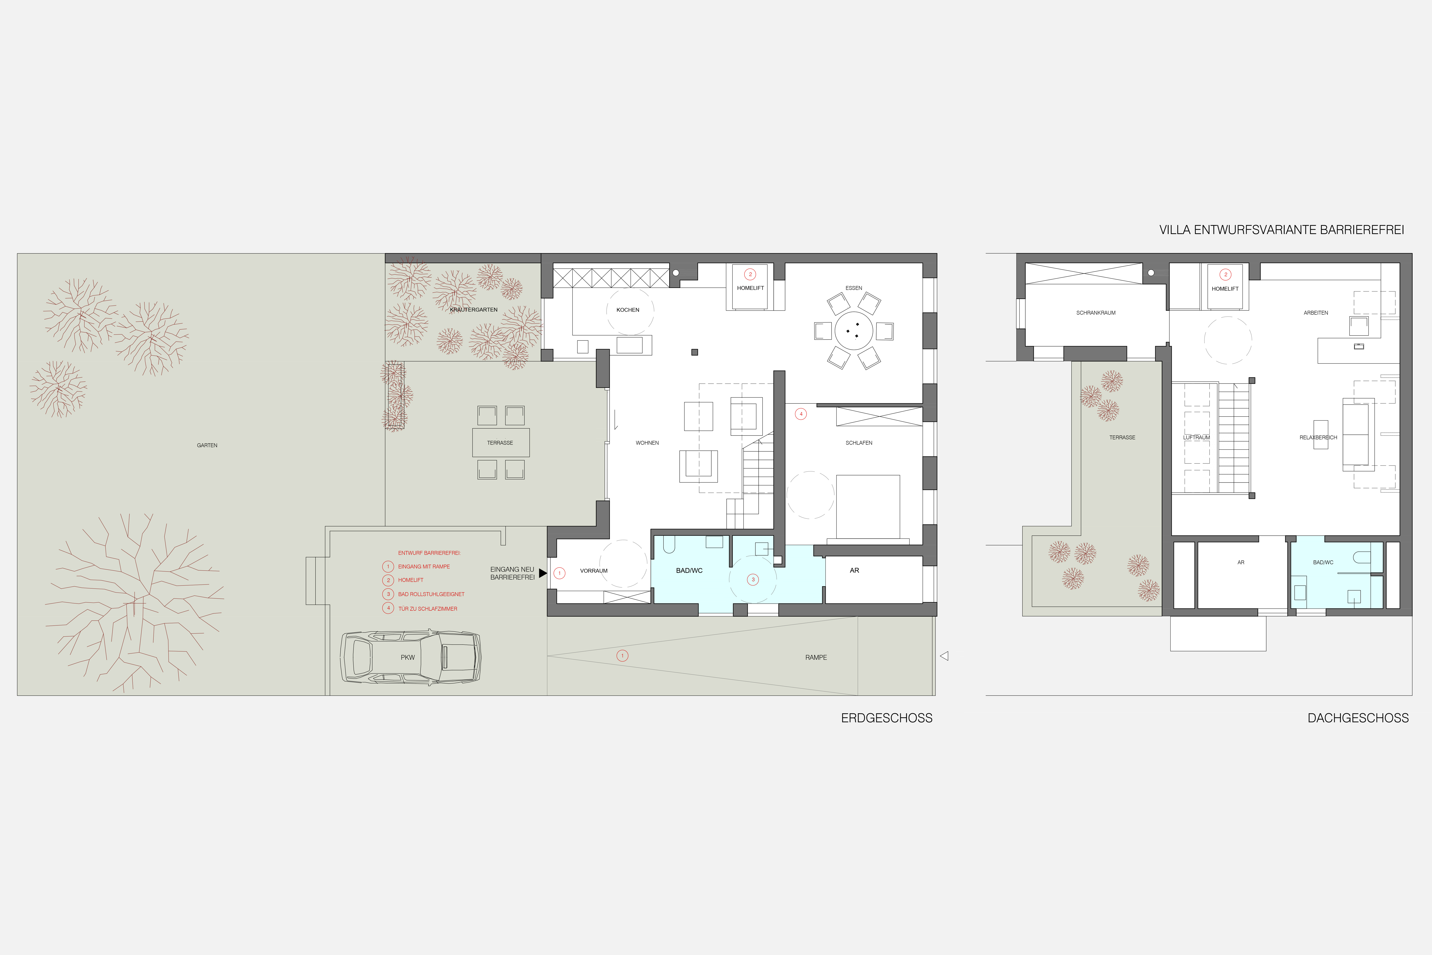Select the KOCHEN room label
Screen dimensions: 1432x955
pyautogui.click(x=628, y=310)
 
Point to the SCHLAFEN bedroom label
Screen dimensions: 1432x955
pyautogui.click(x=859, y=443)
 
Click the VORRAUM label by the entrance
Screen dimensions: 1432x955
pyautogui.click(x=594, y=571)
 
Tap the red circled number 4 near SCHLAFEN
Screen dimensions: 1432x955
pyautogui.click(x=801, y=414)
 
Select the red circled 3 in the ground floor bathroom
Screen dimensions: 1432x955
pyautogui.click(x=753, y=579)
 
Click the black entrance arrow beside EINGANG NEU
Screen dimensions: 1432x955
pyautogui.click(x=543, y=573)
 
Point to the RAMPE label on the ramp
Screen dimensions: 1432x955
pyautogui.click(x=816, y=657)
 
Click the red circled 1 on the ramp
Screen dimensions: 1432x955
pyautogui.click(x=622, y=656)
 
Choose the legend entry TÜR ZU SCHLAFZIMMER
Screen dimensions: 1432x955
pyautogui.click(x=428, y=608)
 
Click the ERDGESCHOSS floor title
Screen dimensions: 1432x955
pyautogui.click(x=887, y=718)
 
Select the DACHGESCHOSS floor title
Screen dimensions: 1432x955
pyautogui.click(x=1358, y=718)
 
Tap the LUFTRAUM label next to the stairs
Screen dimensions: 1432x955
pyautogui.click(x=1196, y=437)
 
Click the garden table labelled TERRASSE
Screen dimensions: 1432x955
pyautogui.click(x=501, y=443)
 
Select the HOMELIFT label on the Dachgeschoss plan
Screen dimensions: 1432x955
pyautogui.click(x=1225, y=289)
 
